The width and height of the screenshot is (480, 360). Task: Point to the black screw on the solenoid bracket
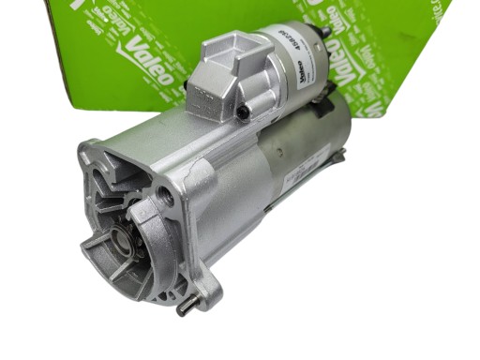[243, 113]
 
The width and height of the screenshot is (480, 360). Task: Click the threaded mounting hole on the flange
[166, 196]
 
